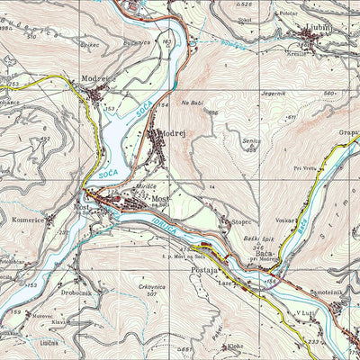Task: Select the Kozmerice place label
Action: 29,220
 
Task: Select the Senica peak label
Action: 251,140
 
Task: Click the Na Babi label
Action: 192,103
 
